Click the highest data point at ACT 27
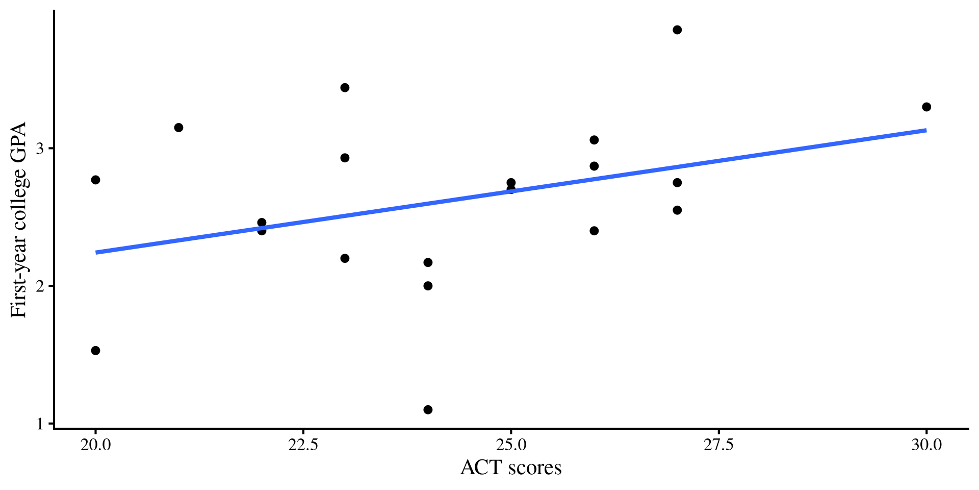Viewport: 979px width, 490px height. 677,30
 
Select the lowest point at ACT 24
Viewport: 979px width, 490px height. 428,409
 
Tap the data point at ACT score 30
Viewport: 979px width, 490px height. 926,107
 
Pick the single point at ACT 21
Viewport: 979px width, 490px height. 178,127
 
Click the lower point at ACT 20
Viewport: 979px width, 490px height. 95,350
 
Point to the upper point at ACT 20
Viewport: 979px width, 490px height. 95,180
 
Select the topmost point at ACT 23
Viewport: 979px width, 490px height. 345,88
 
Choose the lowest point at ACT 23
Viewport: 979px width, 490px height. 345,258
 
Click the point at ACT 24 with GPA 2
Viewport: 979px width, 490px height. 428,285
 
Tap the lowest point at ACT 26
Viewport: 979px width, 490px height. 594,231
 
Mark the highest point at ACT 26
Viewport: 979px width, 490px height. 594,140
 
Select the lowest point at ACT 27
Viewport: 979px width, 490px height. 677,210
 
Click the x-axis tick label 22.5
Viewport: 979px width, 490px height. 303,445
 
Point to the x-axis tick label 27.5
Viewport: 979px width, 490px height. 718,445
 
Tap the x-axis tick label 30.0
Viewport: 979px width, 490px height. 926,445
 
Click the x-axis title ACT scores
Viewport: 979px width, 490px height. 511,468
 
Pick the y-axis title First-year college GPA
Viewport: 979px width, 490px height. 19,219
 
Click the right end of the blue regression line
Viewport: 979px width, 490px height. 925,130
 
